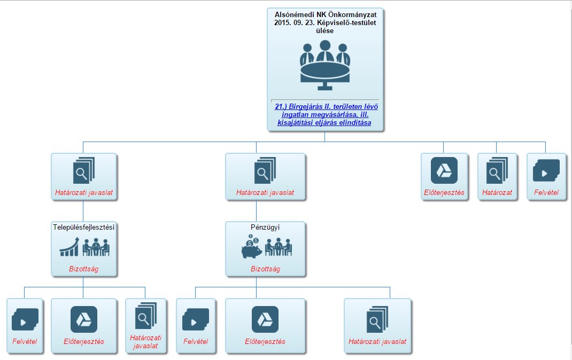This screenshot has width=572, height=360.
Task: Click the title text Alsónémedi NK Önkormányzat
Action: tap(325, 14)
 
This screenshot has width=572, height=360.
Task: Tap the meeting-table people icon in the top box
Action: tap(324, 66)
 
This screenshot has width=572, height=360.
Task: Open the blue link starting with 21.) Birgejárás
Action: tap(325, 115)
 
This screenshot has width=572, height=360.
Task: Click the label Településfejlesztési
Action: tap(84, 227)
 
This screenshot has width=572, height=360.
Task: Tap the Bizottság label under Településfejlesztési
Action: tap(84, 269)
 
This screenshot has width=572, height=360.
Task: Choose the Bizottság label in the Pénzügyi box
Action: tap(265, 269)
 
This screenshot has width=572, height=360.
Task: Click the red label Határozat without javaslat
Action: tap(497, 192)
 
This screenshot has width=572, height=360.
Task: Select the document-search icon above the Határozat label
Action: tap(497, 171)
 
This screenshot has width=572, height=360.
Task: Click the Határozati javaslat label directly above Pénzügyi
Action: tap(265, 192)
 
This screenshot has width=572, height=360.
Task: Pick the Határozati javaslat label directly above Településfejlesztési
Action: tap(84, 192)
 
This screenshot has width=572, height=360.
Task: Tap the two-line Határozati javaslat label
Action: tap(145, 342)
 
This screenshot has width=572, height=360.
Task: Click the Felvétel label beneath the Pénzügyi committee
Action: tap(196, 341)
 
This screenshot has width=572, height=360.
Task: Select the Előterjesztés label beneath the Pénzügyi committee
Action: tap(265, 341)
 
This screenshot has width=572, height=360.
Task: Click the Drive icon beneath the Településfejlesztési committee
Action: tap(84, 319)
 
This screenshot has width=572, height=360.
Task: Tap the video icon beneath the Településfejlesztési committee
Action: tap(25, 319)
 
